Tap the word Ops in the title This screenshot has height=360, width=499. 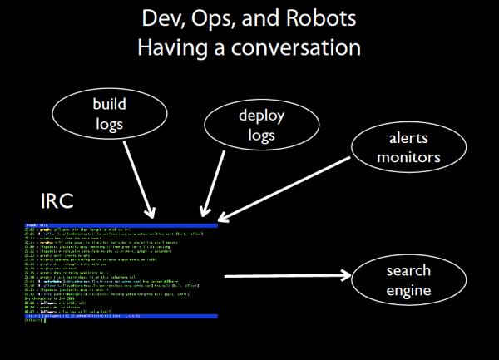point(218,19)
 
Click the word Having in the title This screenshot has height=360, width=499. point(173,47)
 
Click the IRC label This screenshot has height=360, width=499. point(57,202)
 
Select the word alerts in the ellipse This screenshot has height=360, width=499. point(394,139)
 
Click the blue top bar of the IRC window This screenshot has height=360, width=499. point(121,225)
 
